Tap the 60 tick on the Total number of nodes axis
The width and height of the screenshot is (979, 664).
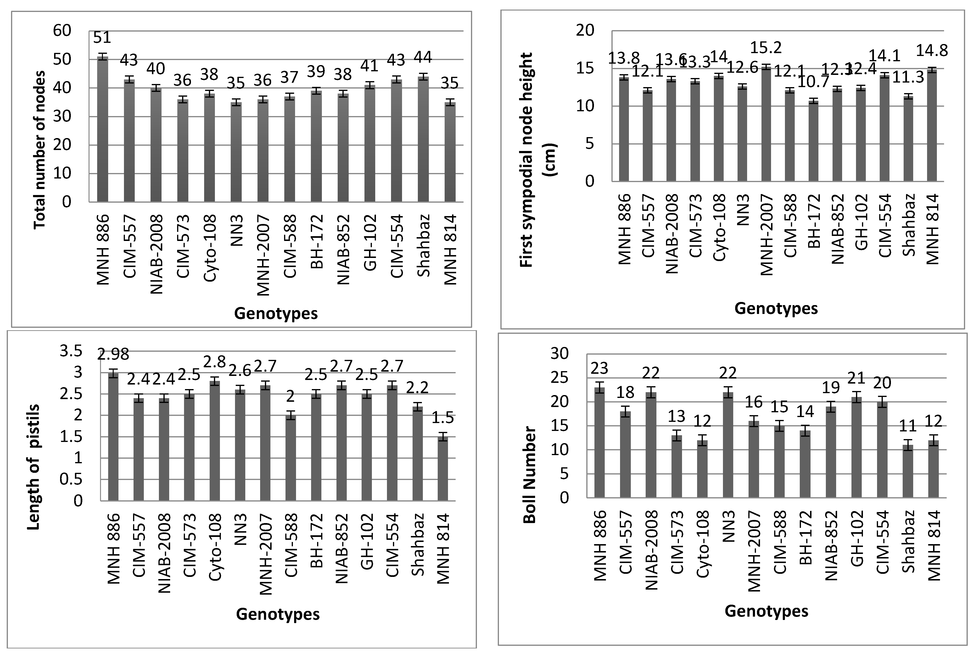[x=62, y=31]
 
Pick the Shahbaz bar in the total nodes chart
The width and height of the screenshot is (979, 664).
[x=423, y=139]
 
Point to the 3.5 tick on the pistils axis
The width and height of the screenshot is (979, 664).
[x=71, y=351]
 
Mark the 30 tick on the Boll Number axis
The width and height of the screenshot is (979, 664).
[x=559, y=353]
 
